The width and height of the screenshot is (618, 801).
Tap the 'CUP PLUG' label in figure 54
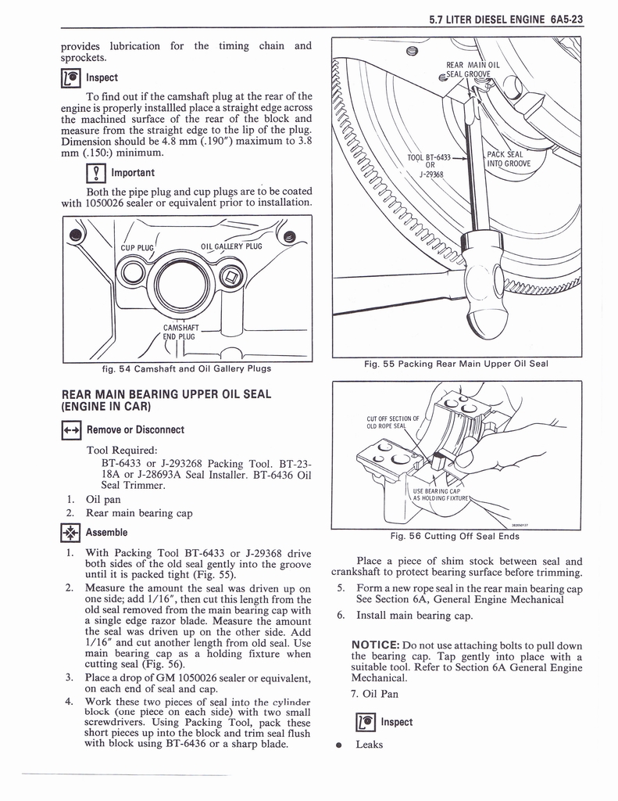pyautogui.click(x=137, y=248)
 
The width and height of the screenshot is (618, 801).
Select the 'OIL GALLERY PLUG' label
pyautogui.click(x=231, y=246)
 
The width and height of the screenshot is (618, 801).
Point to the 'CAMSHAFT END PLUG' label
pyautogui.click(x=180, y=332)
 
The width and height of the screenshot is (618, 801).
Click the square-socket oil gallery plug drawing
pyautogui.click(x=232, y=278)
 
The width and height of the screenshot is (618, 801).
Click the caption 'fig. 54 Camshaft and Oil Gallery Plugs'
pyautogui.click(x=187, y=368)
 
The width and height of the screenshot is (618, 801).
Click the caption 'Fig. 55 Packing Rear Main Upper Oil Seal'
pyautogui.click(x=455, y=364)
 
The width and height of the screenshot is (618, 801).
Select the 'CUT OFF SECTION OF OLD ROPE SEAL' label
pyautogui.click(x=393, y=422)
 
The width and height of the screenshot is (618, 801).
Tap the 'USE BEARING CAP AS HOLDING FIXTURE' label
pyautogui.click(x=440, y=494)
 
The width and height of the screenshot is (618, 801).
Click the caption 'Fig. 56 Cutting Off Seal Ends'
pyautogui.click(x=455, y=536)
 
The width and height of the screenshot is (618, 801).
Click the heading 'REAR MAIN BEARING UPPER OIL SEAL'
pyautogui.click(x=166, y=394)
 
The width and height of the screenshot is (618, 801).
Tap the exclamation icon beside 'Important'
pyautogui.click(x=96, y=173)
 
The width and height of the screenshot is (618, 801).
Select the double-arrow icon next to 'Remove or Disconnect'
pyautogui.click(x=70, y=431)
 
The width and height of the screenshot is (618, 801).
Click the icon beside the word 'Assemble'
pyautogui.click(x=70, y=533)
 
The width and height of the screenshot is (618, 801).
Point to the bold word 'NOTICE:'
pyautogui.click(x=375, y=645)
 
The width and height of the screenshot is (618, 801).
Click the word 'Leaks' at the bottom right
pyautogui.click(x=369, y=745)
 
